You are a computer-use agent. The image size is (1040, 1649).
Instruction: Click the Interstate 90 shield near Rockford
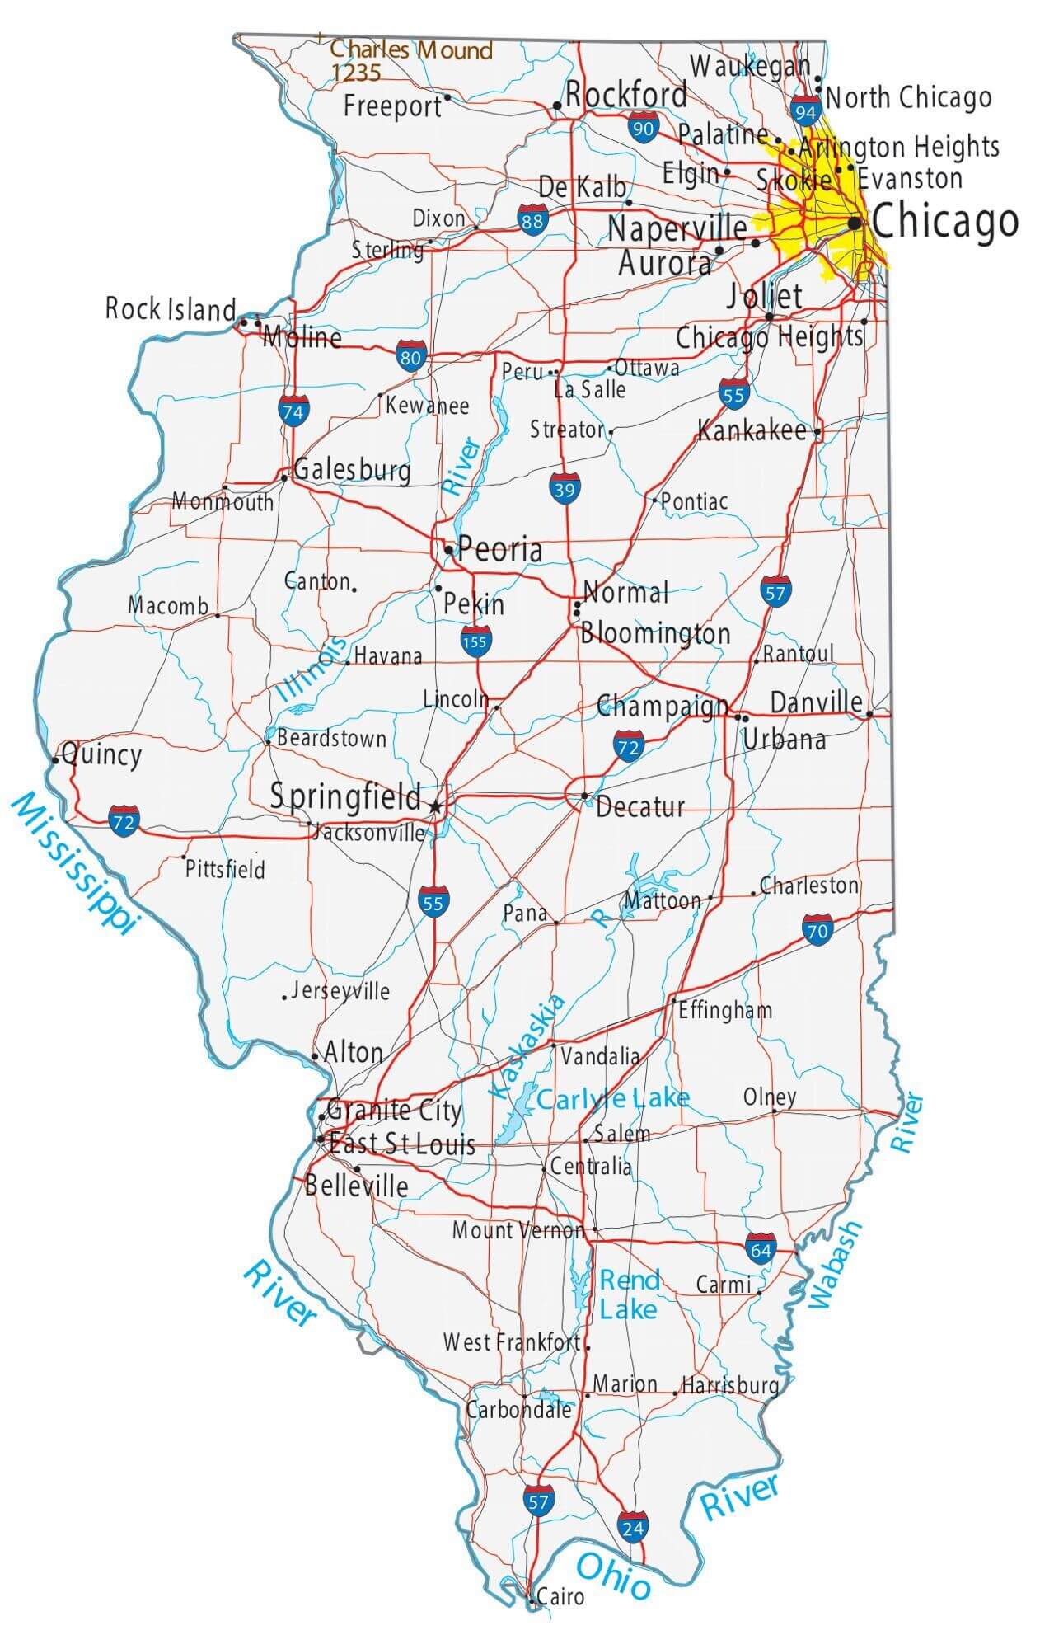[x=642, y=128]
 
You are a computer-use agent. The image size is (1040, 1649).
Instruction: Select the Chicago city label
[x=944, y=221]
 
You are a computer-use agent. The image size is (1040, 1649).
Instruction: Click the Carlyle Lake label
[x=612, y=1098]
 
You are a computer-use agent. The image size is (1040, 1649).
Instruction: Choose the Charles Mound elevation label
[x=410, y=60]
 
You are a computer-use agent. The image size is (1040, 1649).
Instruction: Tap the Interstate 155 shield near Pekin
[x=475, y=641]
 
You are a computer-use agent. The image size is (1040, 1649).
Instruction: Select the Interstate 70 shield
[x=817, y=931]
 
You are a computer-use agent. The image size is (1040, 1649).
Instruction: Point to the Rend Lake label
[x=629, y=1294]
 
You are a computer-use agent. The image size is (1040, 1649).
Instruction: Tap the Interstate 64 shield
[x=760, y=1249]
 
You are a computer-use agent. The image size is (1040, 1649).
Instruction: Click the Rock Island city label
[x=171, y=309]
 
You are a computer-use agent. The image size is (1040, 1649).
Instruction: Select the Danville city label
[x=816, y=702]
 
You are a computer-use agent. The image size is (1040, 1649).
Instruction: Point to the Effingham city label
[x=725, y=1010]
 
